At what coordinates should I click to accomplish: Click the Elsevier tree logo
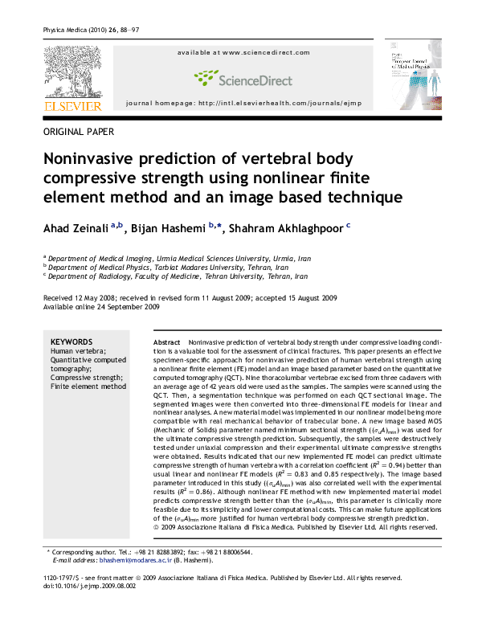[x=72, y=72]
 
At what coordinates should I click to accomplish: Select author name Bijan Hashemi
[x=168, y=229]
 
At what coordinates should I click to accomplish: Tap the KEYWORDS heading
[x=71, y=341]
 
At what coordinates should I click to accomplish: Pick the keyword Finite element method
[x=88, y=386]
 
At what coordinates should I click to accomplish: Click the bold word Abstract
[x=166, y=342]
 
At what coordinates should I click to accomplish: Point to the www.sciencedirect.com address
[x=244, y=52]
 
